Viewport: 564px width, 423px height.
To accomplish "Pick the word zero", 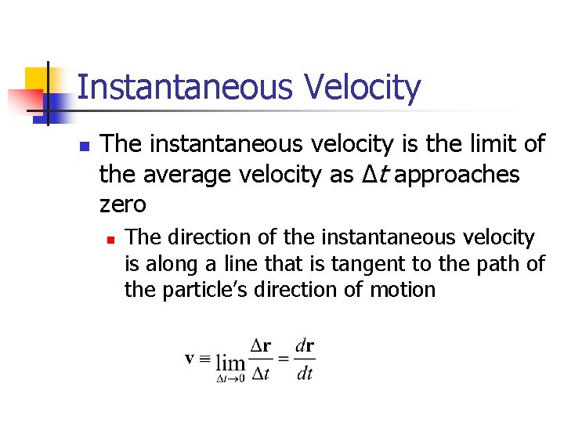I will pyautogui.click(x=123, y=204).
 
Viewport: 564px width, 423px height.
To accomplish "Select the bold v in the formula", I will pyautogui.click(x=190, y=358).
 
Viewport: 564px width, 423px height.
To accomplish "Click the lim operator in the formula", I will pyautogui.click(x=230, y=363).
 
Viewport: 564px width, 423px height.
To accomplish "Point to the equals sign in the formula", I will pyautogui.click(x=283, y=358).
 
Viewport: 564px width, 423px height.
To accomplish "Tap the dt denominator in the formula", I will pyautogui.click(x=305, y=374).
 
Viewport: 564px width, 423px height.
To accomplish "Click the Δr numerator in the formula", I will pyautogui.click(x=261, y=345).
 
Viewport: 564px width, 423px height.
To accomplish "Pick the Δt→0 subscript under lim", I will pyautogui.click(x=230, y=378).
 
